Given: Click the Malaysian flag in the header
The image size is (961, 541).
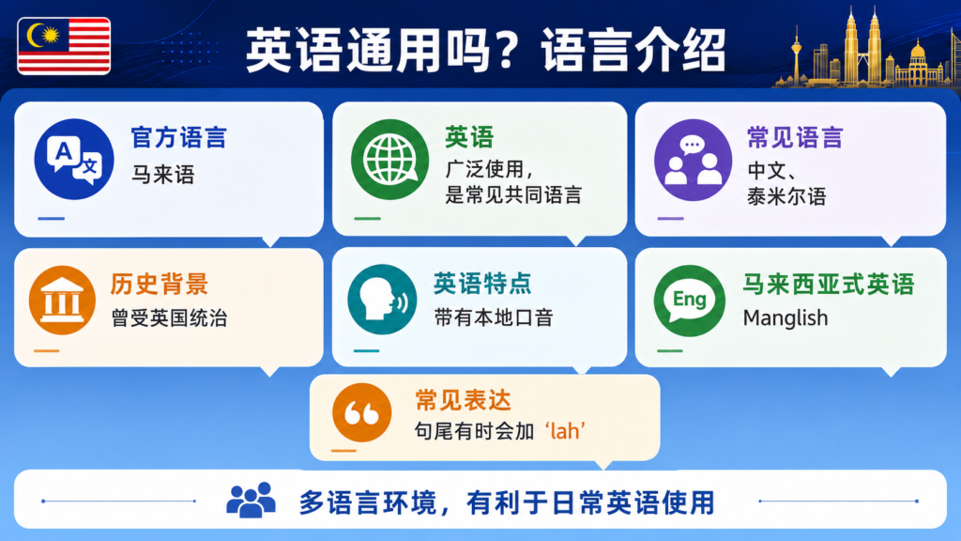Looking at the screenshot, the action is (64, 46).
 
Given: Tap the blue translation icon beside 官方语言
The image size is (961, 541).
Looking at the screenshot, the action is (74, 159).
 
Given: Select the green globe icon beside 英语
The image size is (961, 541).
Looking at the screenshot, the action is (389, 159).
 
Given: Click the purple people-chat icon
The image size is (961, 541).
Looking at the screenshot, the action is (694, 160).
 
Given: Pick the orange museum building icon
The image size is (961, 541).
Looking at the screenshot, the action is (62, 300).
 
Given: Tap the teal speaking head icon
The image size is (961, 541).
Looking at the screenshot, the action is (382, 300).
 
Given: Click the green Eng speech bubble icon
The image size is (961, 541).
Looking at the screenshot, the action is (690, 301).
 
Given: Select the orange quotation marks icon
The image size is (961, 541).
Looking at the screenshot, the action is (361, 413).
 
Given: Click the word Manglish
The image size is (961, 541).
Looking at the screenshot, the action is (786, 317).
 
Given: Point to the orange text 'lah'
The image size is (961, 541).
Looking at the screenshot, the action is (565, 430).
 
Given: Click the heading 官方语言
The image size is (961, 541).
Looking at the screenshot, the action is (178, 137).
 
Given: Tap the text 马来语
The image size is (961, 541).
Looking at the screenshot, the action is (163, 175).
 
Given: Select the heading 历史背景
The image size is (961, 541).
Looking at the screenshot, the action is (160, 284).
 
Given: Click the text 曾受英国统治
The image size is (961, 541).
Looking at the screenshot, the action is (169, 317).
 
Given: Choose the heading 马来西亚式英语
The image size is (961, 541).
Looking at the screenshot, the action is (829, 284).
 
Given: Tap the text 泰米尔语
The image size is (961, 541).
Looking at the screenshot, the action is (786, 196).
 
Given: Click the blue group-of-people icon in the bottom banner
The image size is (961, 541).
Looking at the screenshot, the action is (251, 500).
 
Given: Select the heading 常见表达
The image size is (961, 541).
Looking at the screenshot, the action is (463, 400).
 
